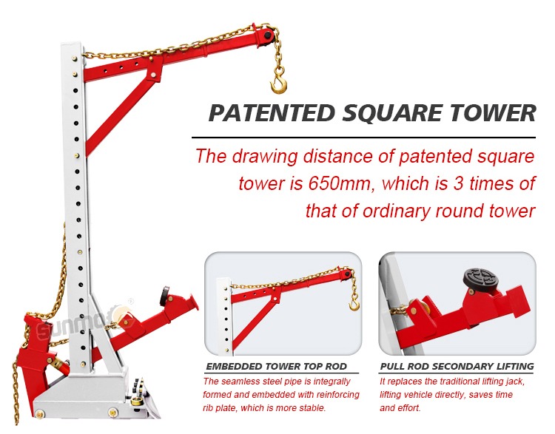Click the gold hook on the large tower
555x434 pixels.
278,83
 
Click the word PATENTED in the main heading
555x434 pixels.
272,113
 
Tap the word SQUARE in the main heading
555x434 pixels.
392,114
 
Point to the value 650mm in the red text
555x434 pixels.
340,183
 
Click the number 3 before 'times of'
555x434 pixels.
458,183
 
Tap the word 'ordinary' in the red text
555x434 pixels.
396,211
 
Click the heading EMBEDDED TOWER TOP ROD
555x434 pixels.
276,366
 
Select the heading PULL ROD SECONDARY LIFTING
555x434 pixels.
457,366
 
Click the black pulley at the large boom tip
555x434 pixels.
269,35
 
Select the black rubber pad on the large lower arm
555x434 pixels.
164,296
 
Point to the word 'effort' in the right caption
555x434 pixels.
409,408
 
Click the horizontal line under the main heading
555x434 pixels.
363,138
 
